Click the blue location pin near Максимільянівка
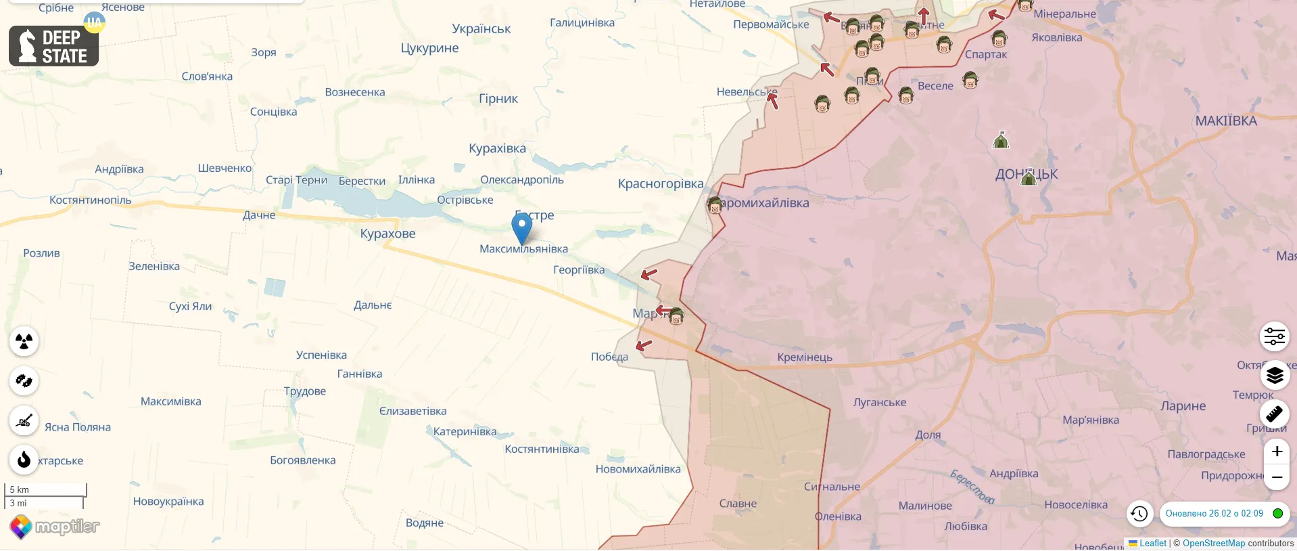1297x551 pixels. [521, 227]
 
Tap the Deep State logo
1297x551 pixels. [54, 46]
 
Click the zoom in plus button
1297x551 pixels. [1276, 451]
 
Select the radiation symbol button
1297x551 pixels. [24, 341]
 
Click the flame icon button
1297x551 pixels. [24, 460]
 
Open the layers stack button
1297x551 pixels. [1275, 375]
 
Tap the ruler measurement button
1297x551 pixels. [1275, 413]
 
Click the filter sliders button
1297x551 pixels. [1275, 336]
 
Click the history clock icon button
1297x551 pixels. [1139, 514]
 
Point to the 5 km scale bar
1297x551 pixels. [46, 489]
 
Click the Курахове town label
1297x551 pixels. [387, 234]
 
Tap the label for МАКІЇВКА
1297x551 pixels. [1225, 121]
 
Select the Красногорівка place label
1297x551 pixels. [660, 183]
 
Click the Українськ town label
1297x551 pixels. [481, 29]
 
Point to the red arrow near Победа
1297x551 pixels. [644, 345]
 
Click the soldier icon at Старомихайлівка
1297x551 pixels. [715, 204]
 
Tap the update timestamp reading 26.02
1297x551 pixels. [1214, 514]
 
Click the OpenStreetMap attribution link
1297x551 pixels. [1213, 544]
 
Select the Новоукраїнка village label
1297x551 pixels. [168, 502]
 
